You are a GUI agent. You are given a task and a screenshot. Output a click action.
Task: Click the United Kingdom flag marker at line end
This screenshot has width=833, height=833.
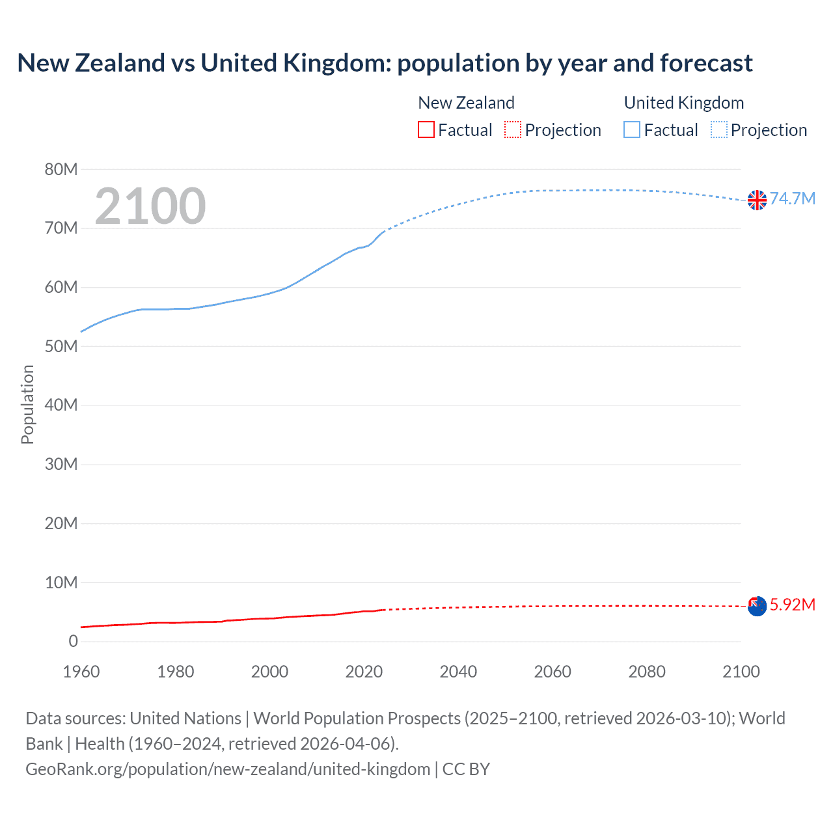tap(757, 200)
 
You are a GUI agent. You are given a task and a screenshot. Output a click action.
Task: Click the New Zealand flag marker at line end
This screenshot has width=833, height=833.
tap(757, 606)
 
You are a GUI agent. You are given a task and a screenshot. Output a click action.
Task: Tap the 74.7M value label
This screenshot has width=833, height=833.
tap(793, 198)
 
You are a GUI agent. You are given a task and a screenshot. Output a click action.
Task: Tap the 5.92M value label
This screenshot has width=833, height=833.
tap(793, 605)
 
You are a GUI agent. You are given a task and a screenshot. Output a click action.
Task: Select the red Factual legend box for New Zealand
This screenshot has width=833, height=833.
tap(426, 130)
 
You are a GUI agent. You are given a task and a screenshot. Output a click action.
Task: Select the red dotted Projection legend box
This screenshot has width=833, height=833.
tap(513, 130)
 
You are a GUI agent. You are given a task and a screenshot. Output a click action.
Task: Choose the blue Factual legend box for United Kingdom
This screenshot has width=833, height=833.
tap(632, 130)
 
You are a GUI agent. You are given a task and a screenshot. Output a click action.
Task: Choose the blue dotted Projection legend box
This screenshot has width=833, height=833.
tap(719, 130)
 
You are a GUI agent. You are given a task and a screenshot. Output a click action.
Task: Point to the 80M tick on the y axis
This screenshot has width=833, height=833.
tap(61, 169)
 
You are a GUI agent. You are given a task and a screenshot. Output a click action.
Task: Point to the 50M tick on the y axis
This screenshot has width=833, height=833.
tap(61, 346)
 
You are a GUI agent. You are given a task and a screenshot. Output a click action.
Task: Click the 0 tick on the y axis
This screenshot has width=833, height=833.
tap(73, 641)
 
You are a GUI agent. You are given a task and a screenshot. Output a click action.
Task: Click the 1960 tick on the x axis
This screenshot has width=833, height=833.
tap(81, 672)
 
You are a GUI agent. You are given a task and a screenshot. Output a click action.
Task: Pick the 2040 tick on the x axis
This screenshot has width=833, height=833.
tap(458, 672)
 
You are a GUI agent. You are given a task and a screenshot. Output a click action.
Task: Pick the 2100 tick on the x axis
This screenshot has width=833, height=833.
tap(741, 672)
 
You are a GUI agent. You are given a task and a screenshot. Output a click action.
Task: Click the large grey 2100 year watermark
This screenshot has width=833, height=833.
tap(150, 206)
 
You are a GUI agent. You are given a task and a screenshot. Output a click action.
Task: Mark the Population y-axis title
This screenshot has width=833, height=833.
tap(27, 404)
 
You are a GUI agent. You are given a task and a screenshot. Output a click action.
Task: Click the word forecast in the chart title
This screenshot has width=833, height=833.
tap(706, 63)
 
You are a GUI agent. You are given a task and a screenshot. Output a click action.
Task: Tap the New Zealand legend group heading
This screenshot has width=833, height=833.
tap(466, 103)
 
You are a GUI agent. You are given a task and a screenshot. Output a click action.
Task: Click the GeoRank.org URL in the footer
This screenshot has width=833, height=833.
tap(228, 769)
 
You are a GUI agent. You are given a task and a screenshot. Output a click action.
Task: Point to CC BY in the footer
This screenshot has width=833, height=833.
tap(466, 769)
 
